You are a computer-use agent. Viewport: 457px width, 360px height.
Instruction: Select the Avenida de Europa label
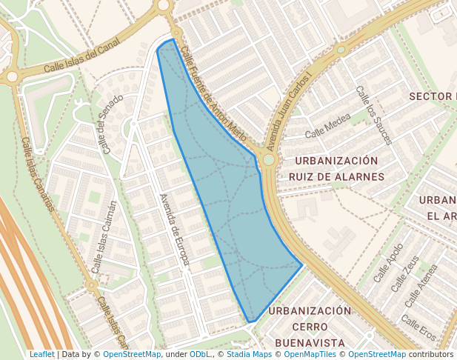(176, 229)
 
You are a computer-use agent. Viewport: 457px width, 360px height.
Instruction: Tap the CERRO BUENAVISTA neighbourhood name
(310, 335)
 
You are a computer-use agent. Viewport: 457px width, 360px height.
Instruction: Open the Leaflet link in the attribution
(41, 354)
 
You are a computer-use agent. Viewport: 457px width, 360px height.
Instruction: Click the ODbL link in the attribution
(199, 354)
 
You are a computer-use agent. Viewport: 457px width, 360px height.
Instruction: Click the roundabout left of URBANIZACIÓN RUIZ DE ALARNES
(268, 159)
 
